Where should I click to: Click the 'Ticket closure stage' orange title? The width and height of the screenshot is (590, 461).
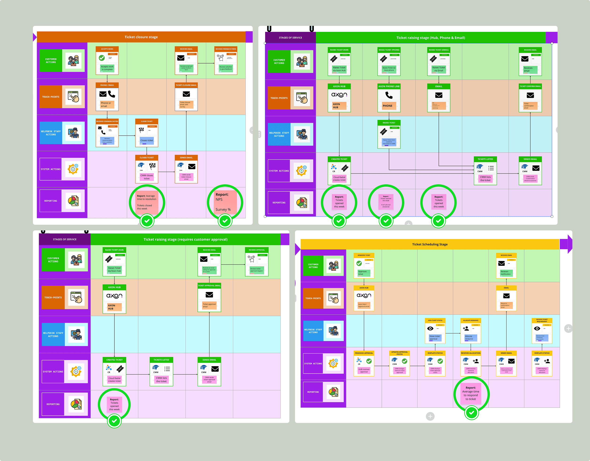tap(141, 37)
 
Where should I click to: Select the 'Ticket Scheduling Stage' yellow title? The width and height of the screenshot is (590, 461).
tap(429, 244)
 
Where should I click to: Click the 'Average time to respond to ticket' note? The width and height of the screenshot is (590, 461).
tap(471, 393)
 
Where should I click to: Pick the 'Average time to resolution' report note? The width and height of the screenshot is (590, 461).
tap(146, 202)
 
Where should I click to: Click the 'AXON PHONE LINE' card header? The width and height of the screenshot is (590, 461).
tap(389, 87)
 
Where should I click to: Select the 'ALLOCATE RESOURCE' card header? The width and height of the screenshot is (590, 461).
tap(471, 320)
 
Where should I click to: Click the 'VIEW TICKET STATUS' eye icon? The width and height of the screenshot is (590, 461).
tap(430, 329)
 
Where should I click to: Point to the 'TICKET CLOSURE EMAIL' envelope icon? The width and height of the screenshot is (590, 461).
tap(186, 94)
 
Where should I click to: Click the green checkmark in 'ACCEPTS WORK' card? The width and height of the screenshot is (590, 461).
tap(102, 58)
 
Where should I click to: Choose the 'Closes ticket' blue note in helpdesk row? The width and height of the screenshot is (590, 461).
tap(147, 140)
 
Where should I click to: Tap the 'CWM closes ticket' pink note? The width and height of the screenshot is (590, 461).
tap(147, 177)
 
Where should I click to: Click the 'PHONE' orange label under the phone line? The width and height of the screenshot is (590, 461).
tap(387, 106)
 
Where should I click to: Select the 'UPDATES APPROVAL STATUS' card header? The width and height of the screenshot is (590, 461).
tap(399, 353)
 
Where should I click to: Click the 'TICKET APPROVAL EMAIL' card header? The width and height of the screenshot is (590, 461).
tap(209, 286)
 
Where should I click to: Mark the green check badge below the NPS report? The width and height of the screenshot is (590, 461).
tap(225, 221)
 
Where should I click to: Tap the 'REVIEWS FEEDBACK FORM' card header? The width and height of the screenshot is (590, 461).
tap(226, 49)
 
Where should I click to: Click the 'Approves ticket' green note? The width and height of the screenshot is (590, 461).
tap(362, 273)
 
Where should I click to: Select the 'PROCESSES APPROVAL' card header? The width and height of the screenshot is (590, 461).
tap(364, 353)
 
